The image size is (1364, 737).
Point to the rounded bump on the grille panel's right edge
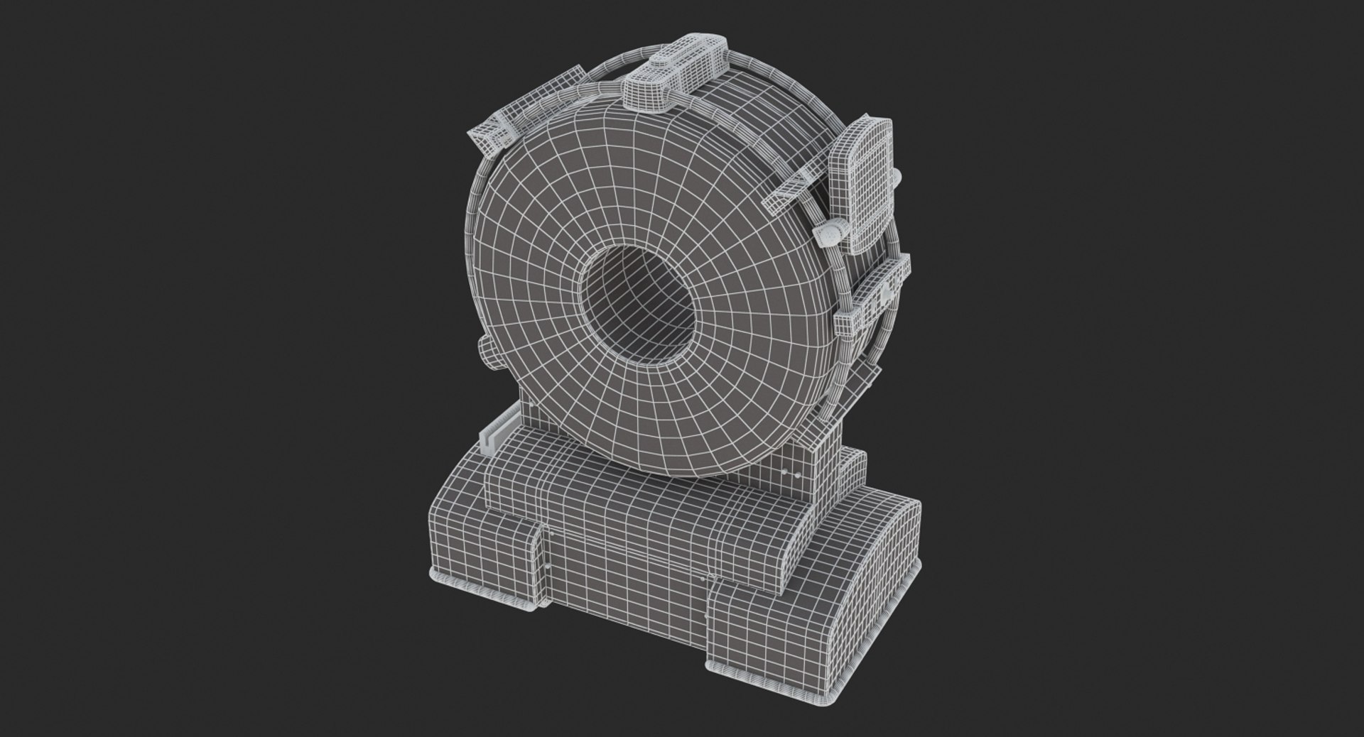coord(897,175)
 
